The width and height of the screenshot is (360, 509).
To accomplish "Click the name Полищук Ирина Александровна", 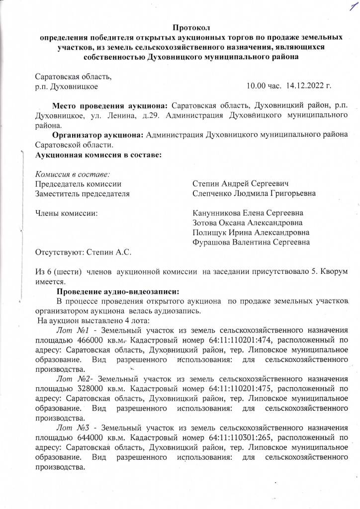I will tap(251, 233).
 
